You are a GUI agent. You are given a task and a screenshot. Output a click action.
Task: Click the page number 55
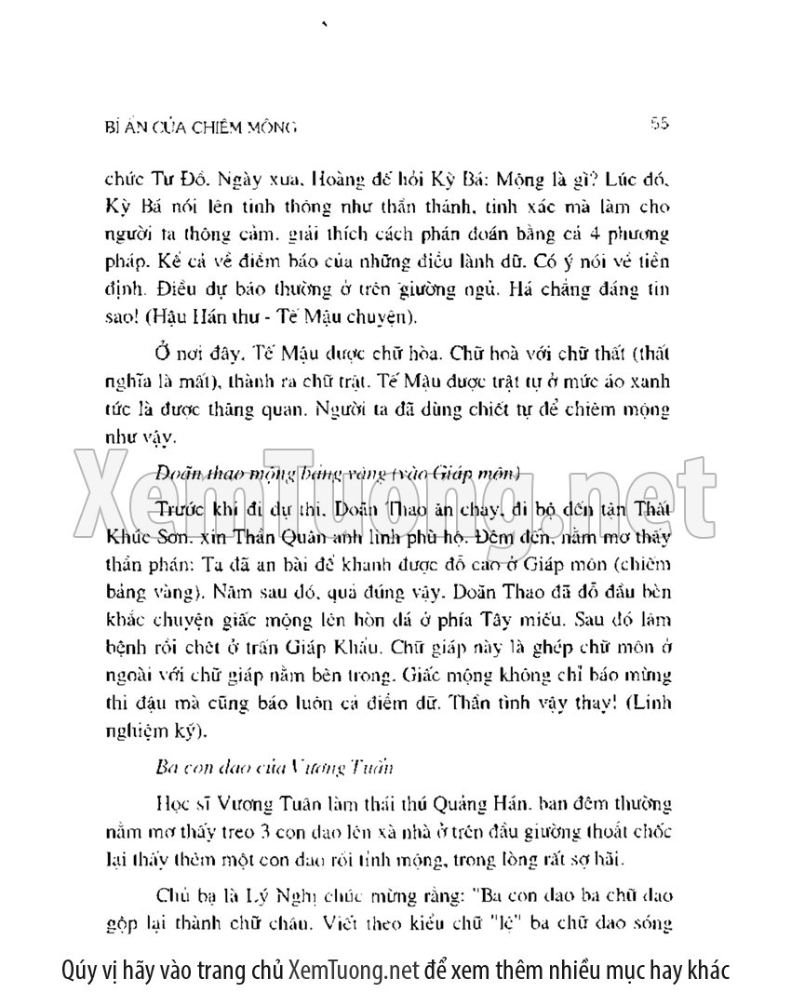663,123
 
